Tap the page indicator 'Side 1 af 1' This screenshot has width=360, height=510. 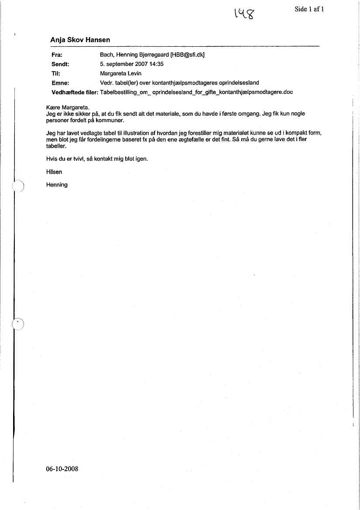(309, 9)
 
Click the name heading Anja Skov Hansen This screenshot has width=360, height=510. (80, 40)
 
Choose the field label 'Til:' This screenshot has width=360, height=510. (56, 73)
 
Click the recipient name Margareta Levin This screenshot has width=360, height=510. (121, 73)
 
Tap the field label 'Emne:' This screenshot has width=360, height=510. (61, 83)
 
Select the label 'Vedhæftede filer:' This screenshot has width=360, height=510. (75, 92)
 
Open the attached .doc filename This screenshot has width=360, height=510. (196, 92)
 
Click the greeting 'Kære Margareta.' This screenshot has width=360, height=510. (67, 107)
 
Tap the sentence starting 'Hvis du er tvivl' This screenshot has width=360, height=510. (97, 159)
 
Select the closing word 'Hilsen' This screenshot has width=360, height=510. (54, 172)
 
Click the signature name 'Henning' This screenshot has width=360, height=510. (57, 185)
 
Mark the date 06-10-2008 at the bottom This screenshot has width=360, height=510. (62, 469)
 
